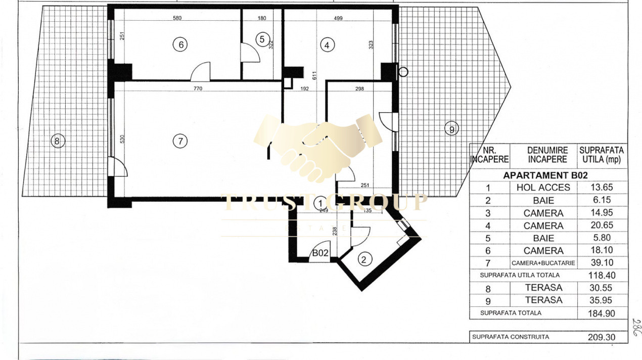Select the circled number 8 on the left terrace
pos(57,141)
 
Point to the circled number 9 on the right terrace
pos(451,129)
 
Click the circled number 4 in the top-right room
pos(328,45)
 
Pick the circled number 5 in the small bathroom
pos(261,38)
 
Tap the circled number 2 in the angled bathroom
pos(363,260)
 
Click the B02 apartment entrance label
pos(320,254)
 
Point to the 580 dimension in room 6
pos(177,18)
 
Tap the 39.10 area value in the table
pos(602,263)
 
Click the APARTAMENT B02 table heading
pos(545,175)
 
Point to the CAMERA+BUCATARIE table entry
pos(543,263)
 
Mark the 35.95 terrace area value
pos(602,300)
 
